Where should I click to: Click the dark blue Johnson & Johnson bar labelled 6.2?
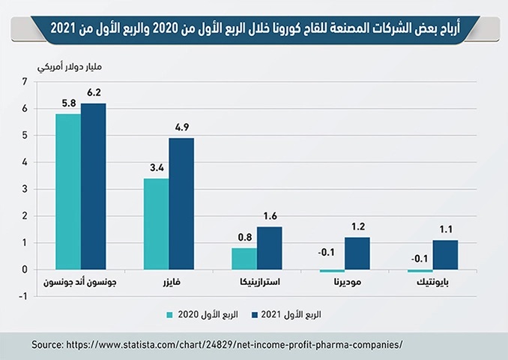tap(94, 187)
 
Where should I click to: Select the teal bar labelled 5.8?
tap(68, 192)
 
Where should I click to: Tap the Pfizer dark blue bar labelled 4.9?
tap(181, 204)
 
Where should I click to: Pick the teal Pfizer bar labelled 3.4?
tap(157, 223)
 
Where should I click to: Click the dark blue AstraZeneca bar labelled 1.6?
tap(270, 248)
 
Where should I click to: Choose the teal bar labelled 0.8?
tap(244, 259)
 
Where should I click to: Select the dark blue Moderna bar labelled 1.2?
tap(357, 253)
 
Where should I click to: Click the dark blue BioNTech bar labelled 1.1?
tap(446, 254)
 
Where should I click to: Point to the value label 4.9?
tap(182, 127)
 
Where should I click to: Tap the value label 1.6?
tap(270, 216)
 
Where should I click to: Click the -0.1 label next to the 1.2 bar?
tap(326, 252)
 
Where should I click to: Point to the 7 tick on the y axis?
tap(25, 82)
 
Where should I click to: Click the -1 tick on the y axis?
tap(23, 296)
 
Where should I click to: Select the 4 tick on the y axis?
tap(25, 163)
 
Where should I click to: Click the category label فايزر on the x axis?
tap(172, 282)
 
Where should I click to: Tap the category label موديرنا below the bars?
tap(348, 282)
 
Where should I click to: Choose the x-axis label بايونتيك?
tap(433, 283)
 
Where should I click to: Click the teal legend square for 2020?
tap(170, 315)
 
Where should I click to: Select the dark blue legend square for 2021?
tap(255, 315)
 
